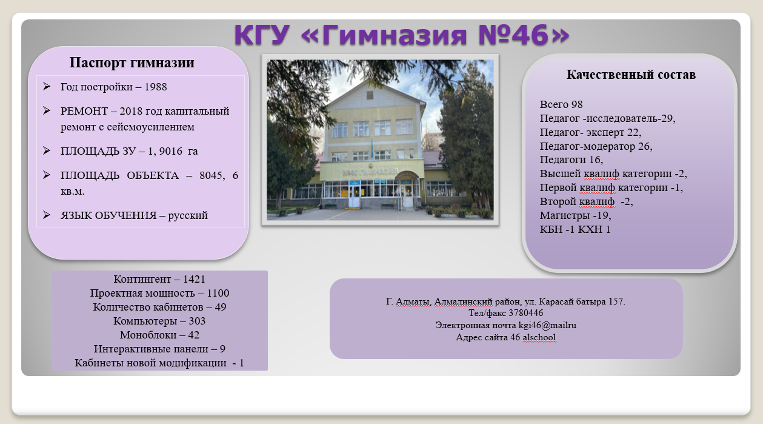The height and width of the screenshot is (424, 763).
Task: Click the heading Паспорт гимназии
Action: click(x=132, y=62)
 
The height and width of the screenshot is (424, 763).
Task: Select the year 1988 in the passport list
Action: click(x=156, y=87)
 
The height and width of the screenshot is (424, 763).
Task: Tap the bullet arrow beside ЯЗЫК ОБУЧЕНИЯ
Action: click(x=47, y=215)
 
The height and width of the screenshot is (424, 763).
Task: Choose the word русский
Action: click(x=188, y=216)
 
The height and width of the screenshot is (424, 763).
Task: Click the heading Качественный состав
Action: click(x=631, y=75)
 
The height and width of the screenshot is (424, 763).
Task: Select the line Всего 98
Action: click(x=561, y=104)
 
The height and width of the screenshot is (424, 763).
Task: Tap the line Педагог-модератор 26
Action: click(x=596, y=147)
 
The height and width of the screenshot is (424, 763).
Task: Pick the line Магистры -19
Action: click(x=575, y=215)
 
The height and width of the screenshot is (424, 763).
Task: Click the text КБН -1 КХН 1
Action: click(x=575, y=229)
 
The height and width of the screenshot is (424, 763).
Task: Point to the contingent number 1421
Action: click(x=194, y=279)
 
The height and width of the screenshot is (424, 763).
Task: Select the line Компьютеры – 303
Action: click(x=159, y=321)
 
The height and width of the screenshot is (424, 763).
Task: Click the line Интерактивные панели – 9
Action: click(x=159, y=349)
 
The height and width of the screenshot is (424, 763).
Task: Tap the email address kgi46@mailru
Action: click(x=547, y=325)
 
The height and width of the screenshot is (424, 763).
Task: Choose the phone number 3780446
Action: click(x=526, y=313)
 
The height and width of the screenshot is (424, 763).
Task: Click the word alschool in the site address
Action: click(x=539, y=337)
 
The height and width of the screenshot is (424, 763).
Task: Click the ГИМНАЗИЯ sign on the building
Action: click(x=370, y=172)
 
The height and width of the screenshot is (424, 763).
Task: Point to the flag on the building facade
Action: click(x=372, y=147)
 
